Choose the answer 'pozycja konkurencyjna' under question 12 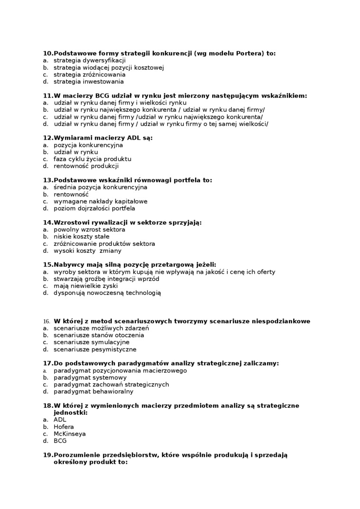[88, 145]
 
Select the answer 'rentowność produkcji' [86, 166]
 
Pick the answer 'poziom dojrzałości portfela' [94, 208]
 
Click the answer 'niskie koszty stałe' [81, 236]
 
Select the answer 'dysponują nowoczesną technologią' [108, 293]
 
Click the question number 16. [46, 321]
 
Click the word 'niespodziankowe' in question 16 [283, 321]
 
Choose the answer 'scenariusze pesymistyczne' [95, 349]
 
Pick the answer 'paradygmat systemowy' [90, 377]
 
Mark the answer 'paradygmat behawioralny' [93, 392]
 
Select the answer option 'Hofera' [64, 427]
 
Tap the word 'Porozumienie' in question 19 [75, 455]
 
